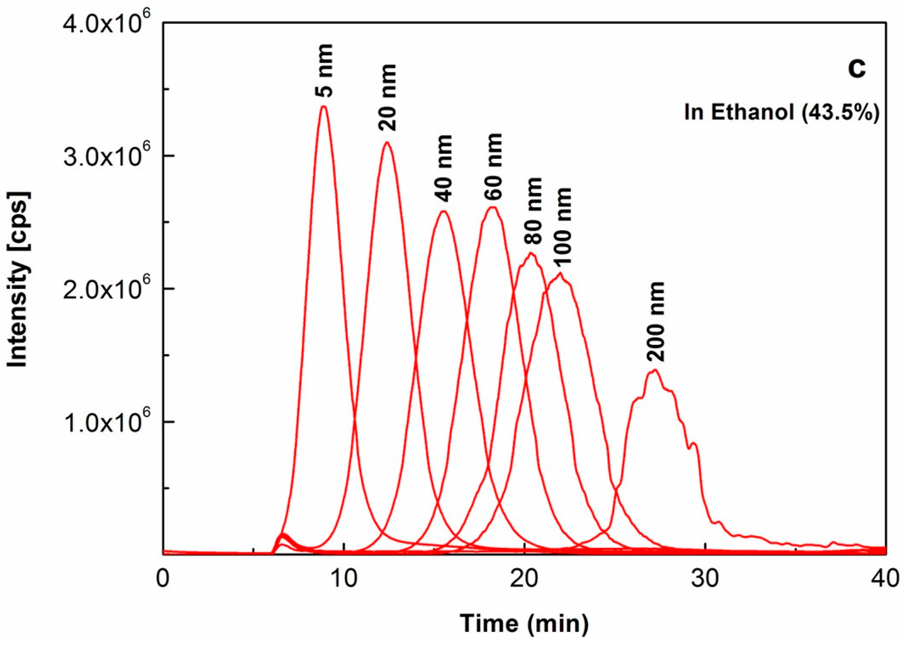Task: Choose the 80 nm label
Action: click(x=533, y=211)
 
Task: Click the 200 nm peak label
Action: click(x=655, y=322)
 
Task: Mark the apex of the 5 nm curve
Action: click(x=324, y=106)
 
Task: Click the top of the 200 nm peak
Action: click(x=654, y=370)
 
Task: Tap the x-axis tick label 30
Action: click(x=705, y=579)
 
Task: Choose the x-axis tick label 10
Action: click(x=345, y=579)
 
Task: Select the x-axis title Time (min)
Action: click(x=524, y=623)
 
